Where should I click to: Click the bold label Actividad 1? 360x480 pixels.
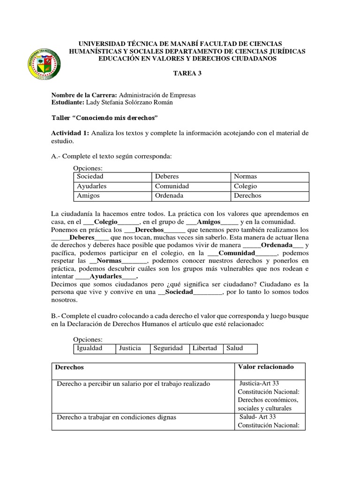click(x=70, y=133)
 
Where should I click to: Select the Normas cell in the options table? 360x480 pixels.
click(x=270, y=176)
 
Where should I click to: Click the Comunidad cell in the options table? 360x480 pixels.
click(x=191, y=186)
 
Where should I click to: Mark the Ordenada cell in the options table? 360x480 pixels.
click(x=191, y=195)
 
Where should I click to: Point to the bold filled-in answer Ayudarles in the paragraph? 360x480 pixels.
click(x=105, y=276)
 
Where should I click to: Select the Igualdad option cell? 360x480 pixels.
click(x=95, y=348)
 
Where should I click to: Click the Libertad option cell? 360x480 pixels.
click(x=205, y=348)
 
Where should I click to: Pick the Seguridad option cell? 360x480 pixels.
click(x=169, y=348)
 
